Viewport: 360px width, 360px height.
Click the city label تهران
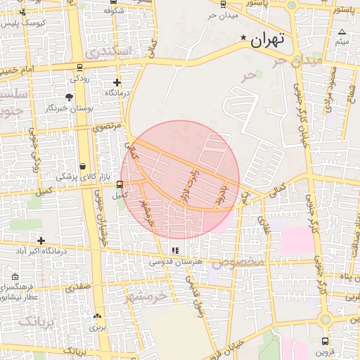[x=267, y=40]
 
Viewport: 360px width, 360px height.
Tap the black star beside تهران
[x=243, y=37]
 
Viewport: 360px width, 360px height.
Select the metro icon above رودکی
[x=79, y=68]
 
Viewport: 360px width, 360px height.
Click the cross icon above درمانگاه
[x=117, y=82]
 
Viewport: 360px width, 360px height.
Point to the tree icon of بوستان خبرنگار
[x=69, y=97]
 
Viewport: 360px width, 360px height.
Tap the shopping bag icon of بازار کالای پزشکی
[x=84, y=167]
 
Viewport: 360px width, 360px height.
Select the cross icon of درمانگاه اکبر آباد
[x=41, y=240]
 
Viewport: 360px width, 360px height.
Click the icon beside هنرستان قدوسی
[x=175, y=250]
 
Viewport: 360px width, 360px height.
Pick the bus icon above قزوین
[x=326, y=341]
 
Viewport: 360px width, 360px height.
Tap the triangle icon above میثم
[x=342, y=32]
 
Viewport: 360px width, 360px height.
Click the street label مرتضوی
[x=108, y=127]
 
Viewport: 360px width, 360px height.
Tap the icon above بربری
[x=97, y=316]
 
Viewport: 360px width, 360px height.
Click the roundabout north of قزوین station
[x=324, y=320]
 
